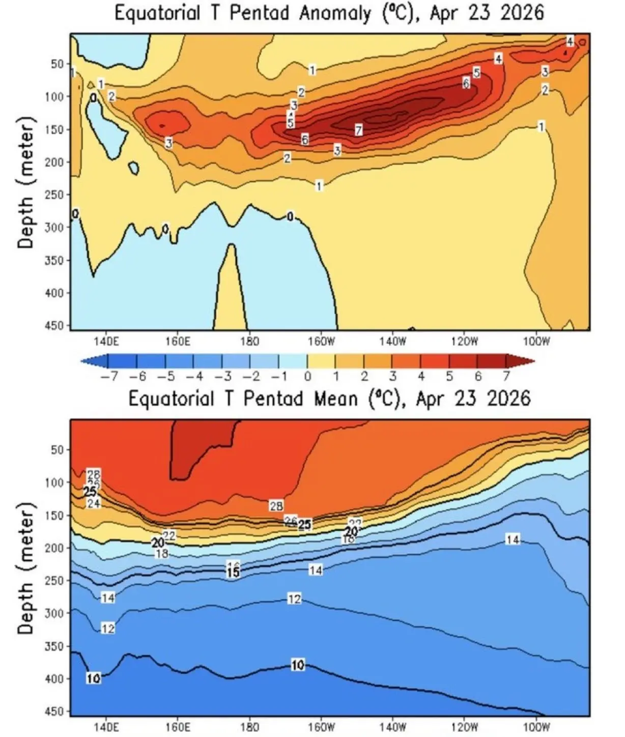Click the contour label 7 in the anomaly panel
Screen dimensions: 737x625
359,130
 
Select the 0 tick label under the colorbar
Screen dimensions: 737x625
307,377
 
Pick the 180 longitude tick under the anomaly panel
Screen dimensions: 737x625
249,341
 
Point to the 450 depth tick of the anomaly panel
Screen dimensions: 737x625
57,325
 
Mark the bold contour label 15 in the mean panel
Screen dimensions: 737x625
233,572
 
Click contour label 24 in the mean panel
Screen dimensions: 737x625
94,503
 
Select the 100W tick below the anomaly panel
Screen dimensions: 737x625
536,341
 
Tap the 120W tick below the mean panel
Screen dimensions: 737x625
465,727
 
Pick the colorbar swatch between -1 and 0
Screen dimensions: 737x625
293,361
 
